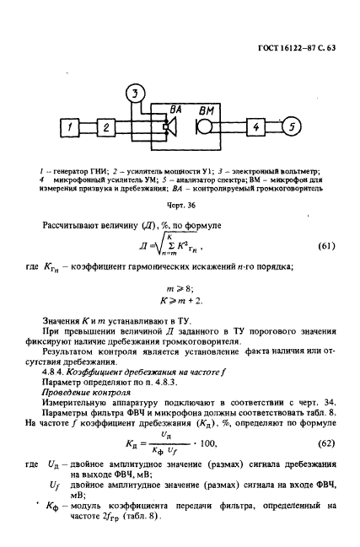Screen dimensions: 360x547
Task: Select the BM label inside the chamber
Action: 207,110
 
